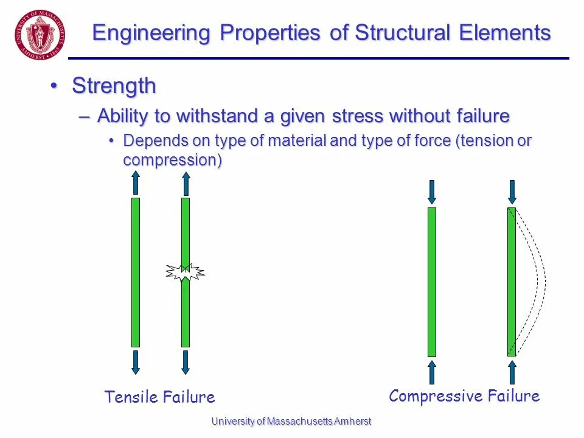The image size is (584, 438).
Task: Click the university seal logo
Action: [x=41, y=34]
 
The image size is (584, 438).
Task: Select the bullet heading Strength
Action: [x=114, y=86]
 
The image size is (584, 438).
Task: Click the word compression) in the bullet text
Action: [x=172, y=160]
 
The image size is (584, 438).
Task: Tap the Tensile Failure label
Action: [x=159, y=397]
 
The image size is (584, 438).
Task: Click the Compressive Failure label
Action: [x=464, y=396]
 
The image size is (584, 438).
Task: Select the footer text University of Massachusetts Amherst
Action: [x=291, y=421]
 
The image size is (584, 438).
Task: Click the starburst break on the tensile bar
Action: [x=186, y=272]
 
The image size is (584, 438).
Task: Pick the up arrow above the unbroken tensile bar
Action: [x=136, y=182]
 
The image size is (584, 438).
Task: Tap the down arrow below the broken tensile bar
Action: [x=186, y=362]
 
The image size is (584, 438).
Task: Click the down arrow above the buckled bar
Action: [x=512, y=192]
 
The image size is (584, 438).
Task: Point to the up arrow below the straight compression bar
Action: [x=432, y=372]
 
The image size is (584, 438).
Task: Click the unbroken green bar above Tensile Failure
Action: [x=136, y=272]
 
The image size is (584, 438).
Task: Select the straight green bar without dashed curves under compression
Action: [x=432, y=282]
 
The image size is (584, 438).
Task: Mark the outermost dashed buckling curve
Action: [x=545, y=281]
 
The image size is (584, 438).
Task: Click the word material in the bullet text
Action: [x=296, y=141]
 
